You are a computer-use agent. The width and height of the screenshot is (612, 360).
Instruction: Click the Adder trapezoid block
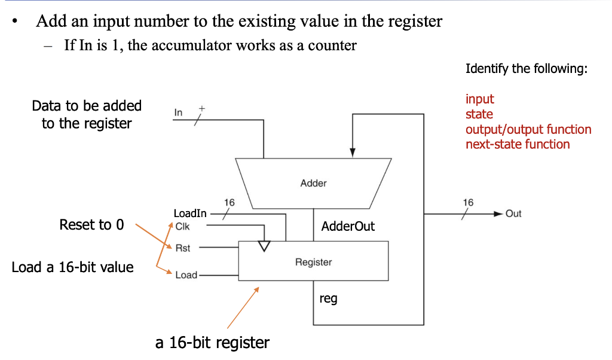coord(313,183)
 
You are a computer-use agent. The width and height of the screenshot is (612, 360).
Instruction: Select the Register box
coord(313,261)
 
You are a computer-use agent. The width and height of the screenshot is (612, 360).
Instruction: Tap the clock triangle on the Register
coord(264,246)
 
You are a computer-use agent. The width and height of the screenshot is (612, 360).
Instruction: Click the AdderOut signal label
coord(348,227)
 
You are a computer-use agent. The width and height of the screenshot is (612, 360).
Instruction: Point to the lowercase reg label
coord(328,298)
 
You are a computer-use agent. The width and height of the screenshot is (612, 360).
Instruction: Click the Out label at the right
coord(513,213)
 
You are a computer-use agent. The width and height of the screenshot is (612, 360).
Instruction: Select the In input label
coord(178,112)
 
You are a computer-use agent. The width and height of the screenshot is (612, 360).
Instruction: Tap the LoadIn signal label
coord(190,213)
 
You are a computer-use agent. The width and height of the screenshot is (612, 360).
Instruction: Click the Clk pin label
coord(182,227)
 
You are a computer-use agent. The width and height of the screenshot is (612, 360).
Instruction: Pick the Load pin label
coord(186,275)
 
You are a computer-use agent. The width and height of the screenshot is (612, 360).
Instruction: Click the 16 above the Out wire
coord(468,203)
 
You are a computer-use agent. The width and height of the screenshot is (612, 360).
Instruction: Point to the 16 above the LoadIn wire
coord(229,203)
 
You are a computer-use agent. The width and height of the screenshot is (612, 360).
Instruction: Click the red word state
coord(479,114)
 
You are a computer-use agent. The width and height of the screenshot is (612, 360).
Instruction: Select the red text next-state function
coord(518,144)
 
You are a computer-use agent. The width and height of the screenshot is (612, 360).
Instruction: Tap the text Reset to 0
coord(92,225)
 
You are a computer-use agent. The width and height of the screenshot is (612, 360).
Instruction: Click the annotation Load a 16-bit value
coord(72,267)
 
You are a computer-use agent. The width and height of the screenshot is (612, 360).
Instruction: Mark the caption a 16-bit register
coord(212,343)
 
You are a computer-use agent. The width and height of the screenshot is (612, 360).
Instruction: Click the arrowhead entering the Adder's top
coord(353,153)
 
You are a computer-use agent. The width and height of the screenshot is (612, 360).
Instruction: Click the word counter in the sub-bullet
coord(332,45)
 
